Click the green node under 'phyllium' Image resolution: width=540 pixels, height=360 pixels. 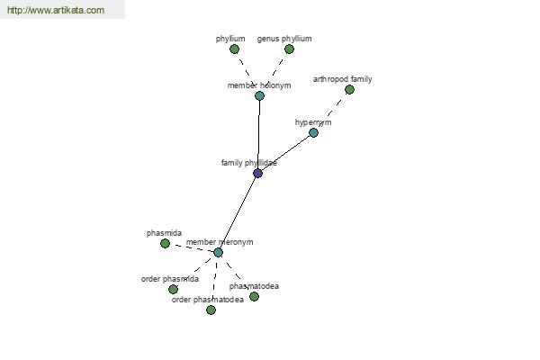(x=234, y=49)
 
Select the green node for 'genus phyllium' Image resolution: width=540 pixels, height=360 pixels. (x=289, y=49)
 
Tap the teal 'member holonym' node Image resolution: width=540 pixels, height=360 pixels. (x=260, y=95)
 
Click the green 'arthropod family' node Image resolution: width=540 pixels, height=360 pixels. (x=349, y=90)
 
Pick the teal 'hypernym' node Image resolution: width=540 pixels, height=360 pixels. (x=313, y=132)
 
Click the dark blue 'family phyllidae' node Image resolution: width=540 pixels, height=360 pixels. (x=257, y=174)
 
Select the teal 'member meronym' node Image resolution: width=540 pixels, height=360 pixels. (x=218, y=253)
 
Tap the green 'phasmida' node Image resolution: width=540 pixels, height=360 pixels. (x=165, y=244)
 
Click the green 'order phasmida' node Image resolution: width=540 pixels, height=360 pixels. (x=173, y=290)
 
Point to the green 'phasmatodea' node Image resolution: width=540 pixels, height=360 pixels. (x=254, y=297)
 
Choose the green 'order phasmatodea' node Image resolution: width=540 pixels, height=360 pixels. (x=211, y=310)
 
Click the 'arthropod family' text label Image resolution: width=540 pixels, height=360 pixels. (x=342, y=79)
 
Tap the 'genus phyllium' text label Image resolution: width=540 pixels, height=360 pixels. (x=284, y=39)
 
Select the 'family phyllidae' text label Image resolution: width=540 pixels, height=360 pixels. (x=249, y=163)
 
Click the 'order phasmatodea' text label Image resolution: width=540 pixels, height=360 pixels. (x=208, y=300)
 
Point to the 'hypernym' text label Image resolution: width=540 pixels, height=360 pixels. (x=313, y=122)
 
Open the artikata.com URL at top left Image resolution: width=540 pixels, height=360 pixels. (x=56, y=10)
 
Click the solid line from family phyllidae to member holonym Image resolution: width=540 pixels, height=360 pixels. (x=258, y=134)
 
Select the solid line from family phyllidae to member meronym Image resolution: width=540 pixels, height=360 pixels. (x=238, y=213)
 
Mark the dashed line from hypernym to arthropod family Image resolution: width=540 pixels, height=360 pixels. (x=331, y=112)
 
